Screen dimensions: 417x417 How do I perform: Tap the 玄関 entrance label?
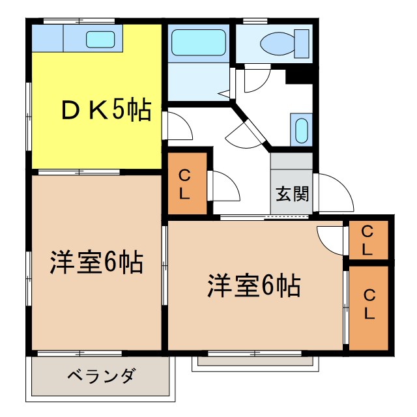point(291,195)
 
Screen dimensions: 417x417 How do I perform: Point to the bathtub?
point(199,43)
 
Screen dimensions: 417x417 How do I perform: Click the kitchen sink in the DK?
point(100,39)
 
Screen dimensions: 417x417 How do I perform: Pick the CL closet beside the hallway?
point(185,184)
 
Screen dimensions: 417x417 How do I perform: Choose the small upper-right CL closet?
point(367,240)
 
